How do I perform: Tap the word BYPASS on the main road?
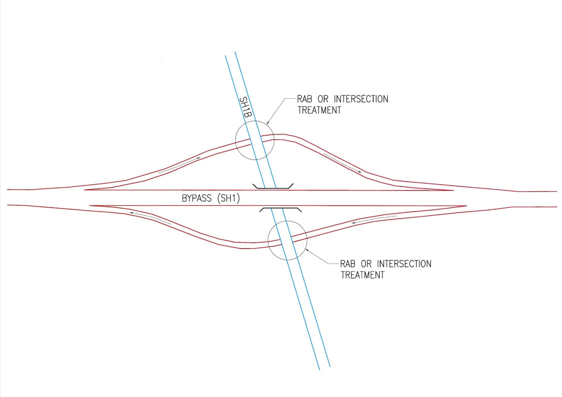coord(197,198)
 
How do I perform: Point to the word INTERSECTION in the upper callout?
coord(361,99)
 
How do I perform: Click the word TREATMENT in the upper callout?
coord(319,110)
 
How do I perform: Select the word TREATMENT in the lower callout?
coord(362,275)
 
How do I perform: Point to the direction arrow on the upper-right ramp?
coord(343,163)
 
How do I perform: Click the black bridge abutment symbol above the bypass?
coord(273,186)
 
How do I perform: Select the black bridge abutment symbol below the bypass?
coord(281,209)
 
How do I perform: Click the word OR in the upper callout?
coord(323,99)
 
